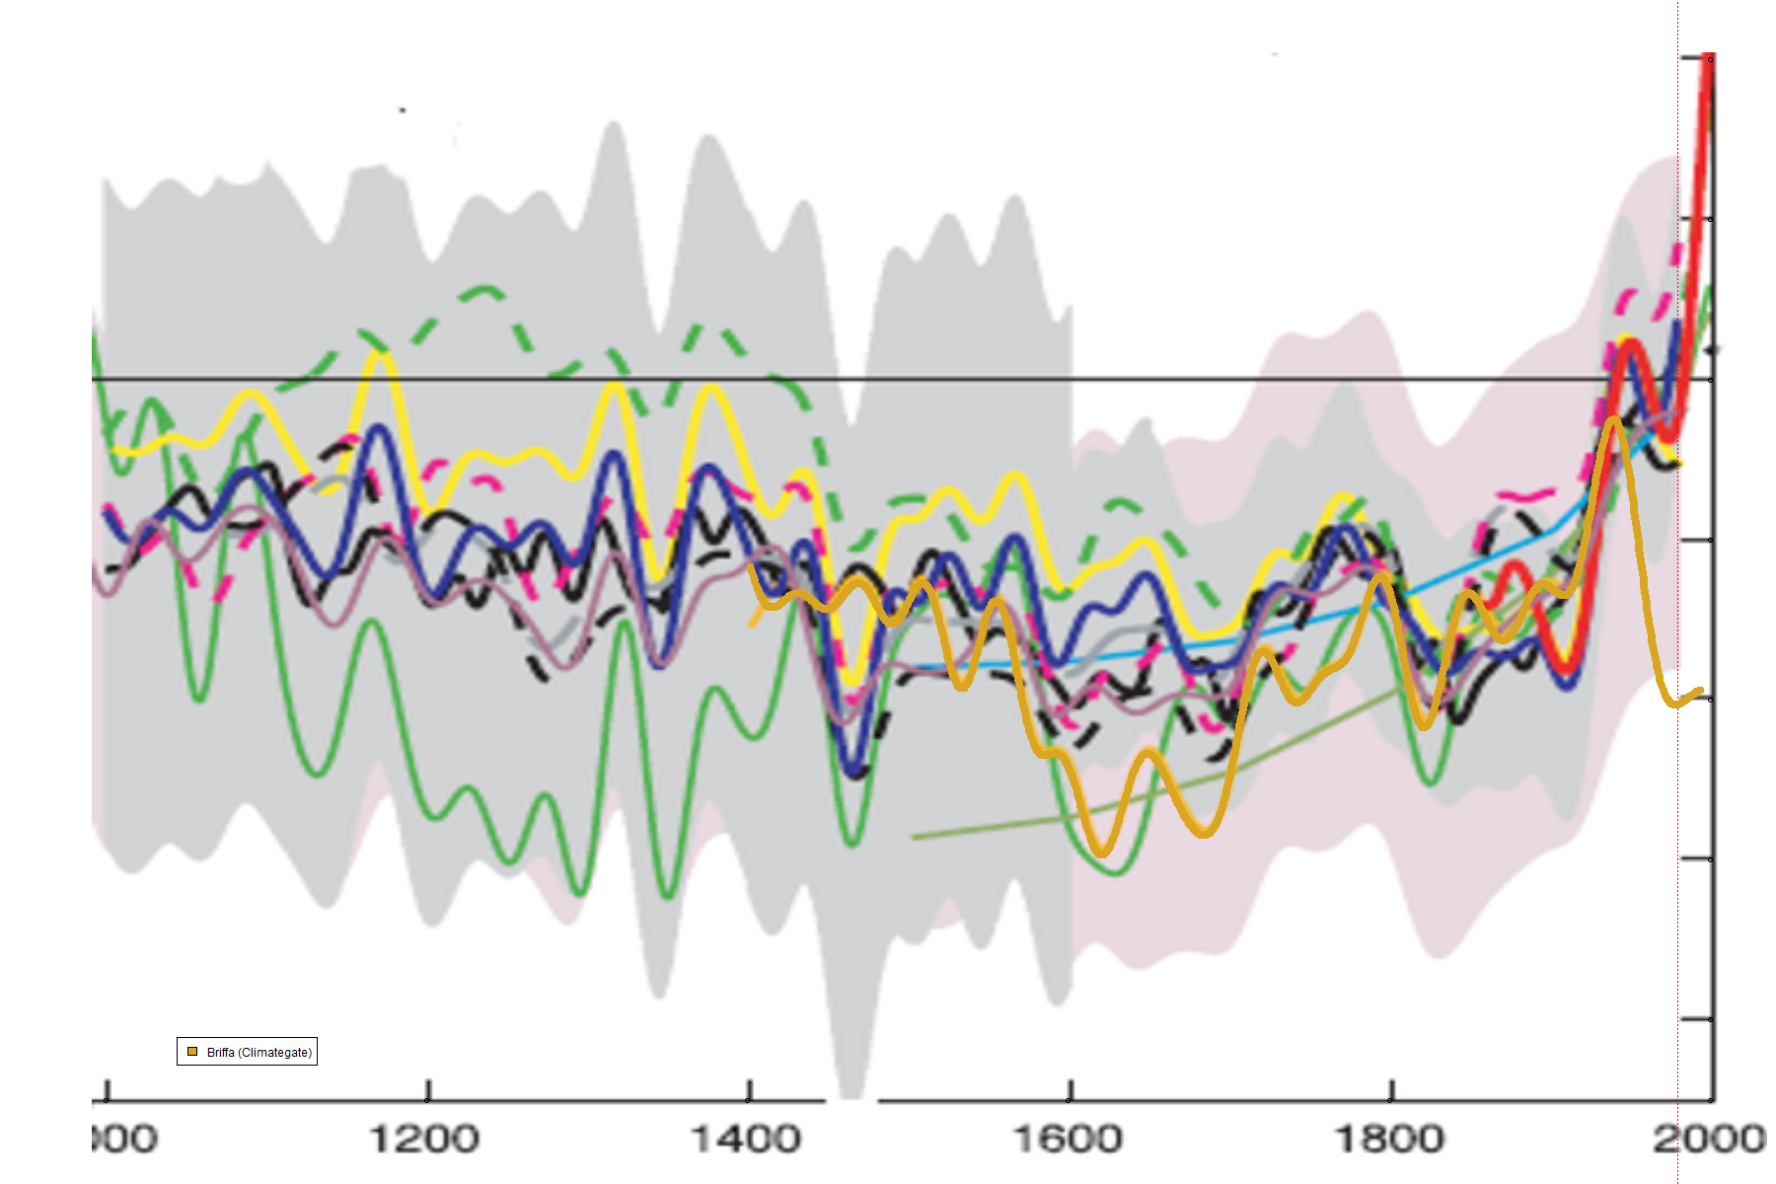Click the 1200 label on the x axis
424,1140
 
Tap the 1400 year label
746,1140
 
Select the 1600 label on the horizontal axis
1069,1140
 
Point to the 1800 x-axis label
1389,1140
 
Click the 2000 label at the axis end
1710,1140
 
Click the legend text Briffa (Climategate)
259,1053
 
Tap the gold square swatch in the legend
192,1052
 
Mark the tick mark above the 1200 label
428,1090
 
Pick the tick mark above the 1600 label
1071,1090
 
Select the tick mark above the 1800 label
1391,1090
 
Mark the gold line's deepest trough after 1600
1102,851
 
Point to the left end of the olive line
914,838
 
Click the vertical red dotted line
1678,888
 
